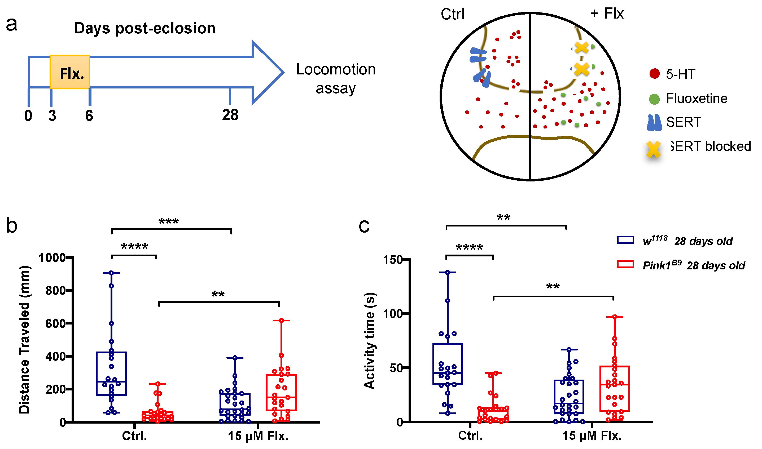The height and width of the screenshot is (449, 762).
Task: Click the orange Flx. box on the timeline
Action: [x=70, y=72]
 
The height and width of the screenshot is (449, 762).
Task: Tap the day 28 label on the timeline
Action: [x=230, y=115]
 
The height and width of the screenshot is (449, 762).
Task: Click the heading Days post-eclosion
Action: [x=145, y=28]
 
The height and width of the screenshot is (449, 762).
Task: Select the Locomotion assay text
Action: [x=336, y=79]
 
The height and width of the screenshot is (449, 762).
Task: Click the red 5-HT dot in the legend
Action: [x=655, y=74]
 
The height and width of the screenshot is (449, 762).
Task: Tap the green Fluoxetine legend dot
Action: [x=655, y=99]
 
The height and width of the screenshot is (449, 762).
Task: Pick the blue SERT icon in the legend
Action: [x=655, y=123]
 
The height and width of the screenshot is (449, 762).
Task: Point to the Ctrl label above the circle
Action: [x=452, y=14]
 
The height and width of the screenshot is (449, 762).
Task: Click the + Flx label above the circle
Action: [x=607, y=14]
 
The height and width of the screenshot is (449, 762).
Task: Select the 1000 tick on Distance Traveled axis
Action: [x=52, y=258]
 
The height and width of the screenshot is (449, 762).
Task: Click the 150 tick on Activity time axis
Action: [x=393, y=260]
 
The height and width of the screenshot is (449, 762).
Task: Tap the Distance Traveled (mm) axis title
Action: [x=24, y=340]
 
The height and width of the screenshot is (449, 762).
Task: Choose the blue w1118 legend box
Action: [x=625, y=240]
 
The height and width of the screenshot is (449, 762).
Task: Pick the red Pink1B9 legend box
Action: [x=625, y=264]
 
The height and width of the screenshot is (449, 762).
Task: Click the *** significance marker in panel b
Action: [x=169, y=221]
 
